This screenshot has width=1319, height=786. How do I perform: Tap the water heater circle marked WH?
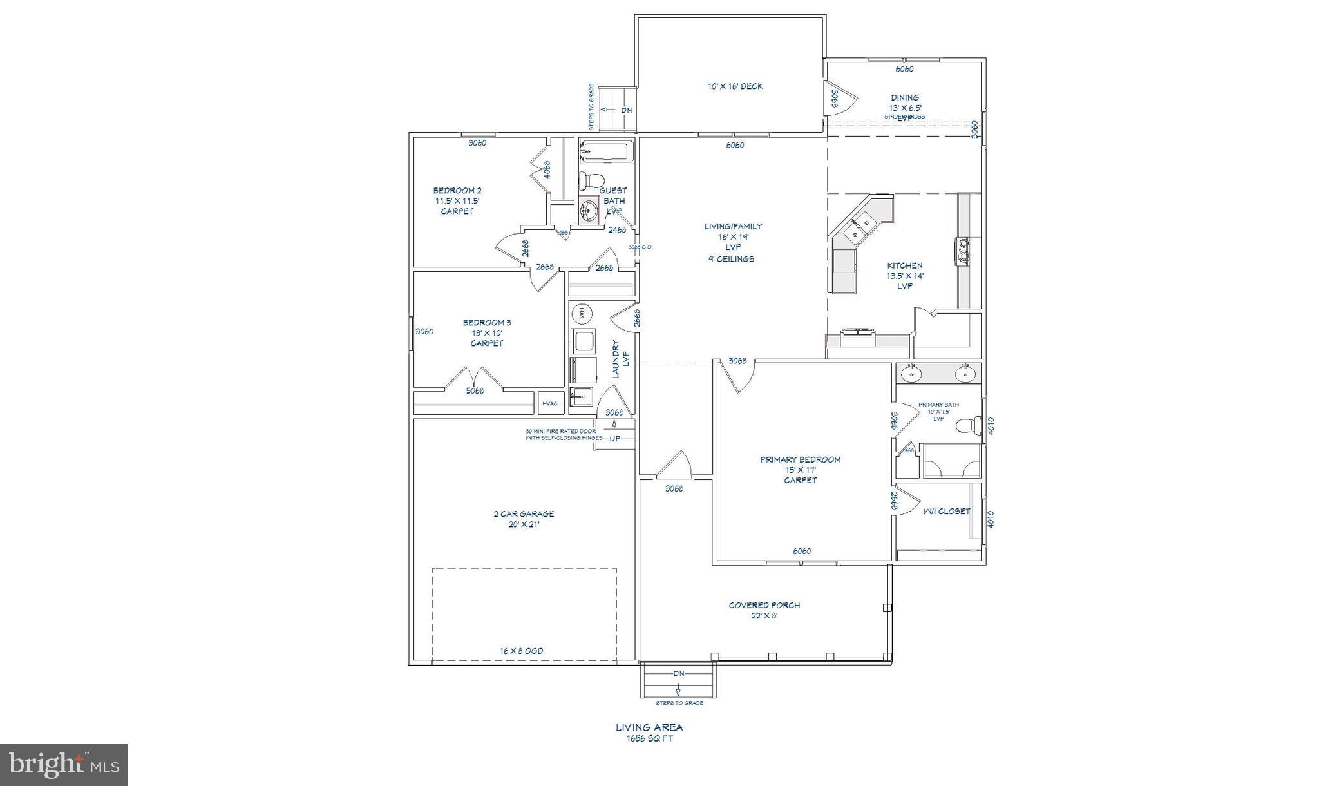point(582,313)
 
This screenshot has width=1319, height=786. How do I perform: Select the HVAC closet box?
point(550,403)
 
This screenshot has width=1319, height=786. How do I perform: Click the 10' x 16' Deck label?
point(735,86)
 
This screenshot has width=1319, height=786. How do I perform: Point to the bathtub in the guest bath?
point(605,153)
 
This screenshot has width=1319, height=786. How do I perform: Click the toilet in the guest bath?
point(592,179)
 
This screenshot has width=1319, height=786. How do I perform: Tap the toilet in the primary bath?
point(965,426)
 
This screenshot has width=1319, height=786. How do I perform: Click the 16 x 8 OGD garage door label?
point(521,651)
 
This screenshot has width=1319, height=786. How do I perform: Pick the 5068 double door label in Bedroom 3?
point(475,390)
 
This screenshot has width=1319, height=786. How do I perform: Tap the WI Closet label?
point(946,512)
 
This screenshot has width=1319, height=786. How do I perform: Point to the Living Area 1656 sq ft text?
point(649,733)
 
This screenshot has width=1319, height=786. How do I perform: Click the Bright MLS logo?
point(64,765)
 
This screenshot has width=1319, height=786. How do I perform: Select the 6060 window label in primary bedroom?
point(801,551)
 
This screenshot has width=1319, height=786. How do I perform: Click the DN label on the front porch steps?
point(679,673)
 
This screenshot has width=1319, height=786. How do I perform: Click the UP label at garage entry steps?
point(615,439)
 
